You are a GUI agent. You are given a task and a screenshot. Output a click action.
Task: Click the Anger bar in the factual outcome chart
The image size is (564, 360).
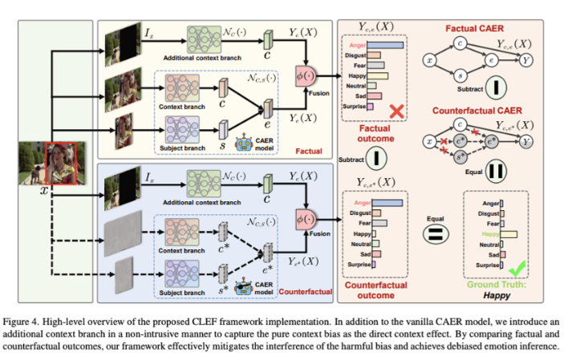(386, 45)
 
